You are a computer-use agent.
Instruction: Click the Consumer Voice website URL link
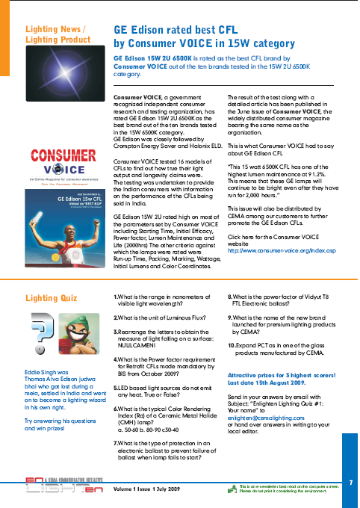pos(281,250)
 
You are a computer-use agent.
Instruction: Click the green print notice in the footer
pos(286,489)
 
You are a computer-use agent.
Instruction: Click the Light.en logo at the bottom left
pos(50,486)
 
